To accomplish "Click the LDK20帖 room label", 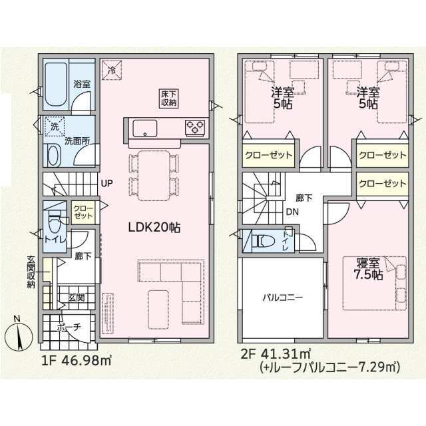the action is pos(154,227).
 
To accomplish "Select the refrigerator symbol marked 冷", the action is pos(111,70).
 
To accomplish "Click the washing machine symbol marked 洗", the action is pos(55,126).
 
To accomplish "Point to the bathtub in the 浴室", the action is pos(56,85).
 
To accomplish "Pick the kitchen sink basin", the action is pos(144,128).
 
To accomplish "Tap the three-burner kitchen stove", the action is pos(195,127).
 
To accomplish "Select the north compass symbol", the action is pos(19,335).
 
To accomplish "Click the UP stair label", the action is pos(106,184).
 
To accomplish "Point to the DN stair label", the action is pos(292,212).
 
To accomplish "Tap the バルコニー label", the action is pos(282,298).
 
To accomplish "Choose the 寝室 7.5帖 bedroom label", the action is pos(368,269).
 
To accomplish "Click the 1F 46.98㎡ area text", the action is pos(77,361).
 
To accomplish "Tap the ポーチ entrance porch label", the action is pos(69,327).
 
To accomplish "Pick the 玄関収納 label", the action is pos(31,272).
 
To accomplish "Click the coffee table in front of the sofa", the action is pos(158,310).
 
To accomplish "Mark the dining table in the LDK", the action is pos(154,175).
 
